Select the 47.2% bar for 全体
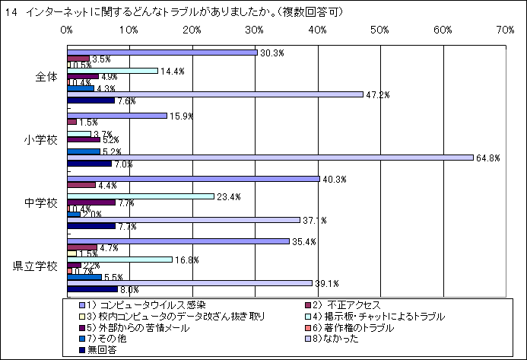click(x=214, y=94)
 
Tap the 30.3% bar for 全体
click(x=162, y=52)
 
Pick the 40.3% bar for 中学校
click(x=193, y=178)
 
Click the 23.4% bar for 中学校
click(x=141, y=196)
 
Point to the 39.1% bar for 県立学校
click(x=189, y=282)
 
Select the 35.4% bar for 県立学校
click(x=178, y=241)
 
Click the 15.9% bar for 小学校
click(x=117, y=116)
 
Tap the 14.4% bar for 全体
click(x=113, y=70)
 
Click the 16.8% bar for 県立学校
click(x=120, y=259)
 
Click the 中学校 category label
click(x=41, y=203)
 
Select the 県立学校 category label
click(x=35, y=266)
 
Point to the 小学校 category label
click(x=41, y=140)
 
